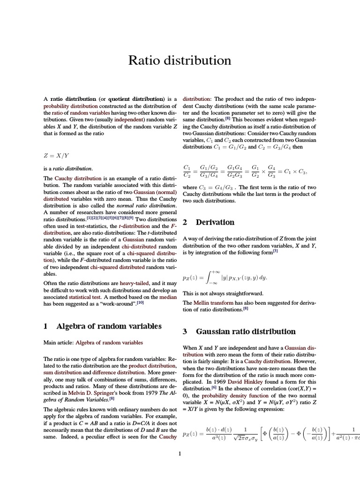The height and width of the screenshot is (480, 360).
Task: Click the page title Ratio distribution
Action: [x=180, y=60]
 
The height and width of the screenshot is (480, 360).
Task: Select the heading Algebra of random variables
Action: [x=109, y=326]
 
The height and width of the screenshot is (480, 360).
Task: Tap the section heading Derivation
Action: [x=215, y=222]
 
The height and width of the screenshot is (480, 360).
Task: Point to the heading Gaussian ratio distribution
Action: [x=246, y=331]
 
